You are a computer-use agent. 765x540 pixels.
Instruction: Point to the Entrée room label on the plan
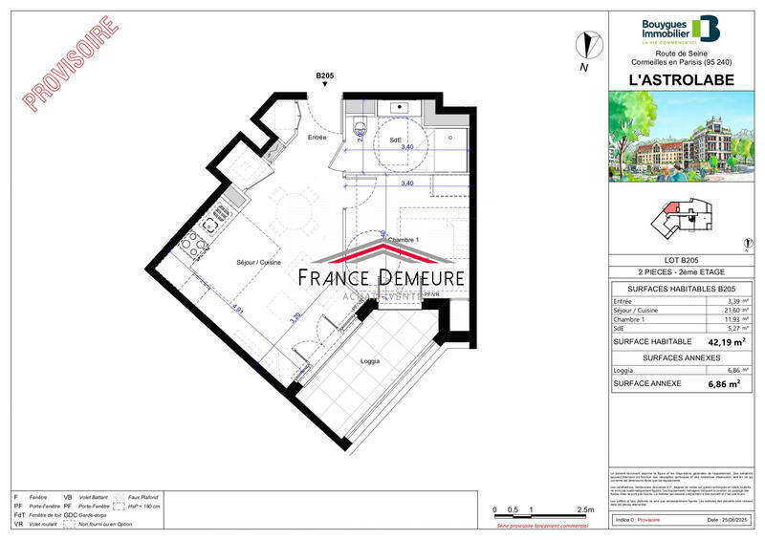(317, 138)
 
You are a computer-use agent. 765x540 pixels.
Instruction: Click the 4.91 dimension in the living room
(240, 309)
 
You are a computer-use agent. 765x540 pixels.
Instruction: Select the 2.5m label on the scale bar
(584, 510)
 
